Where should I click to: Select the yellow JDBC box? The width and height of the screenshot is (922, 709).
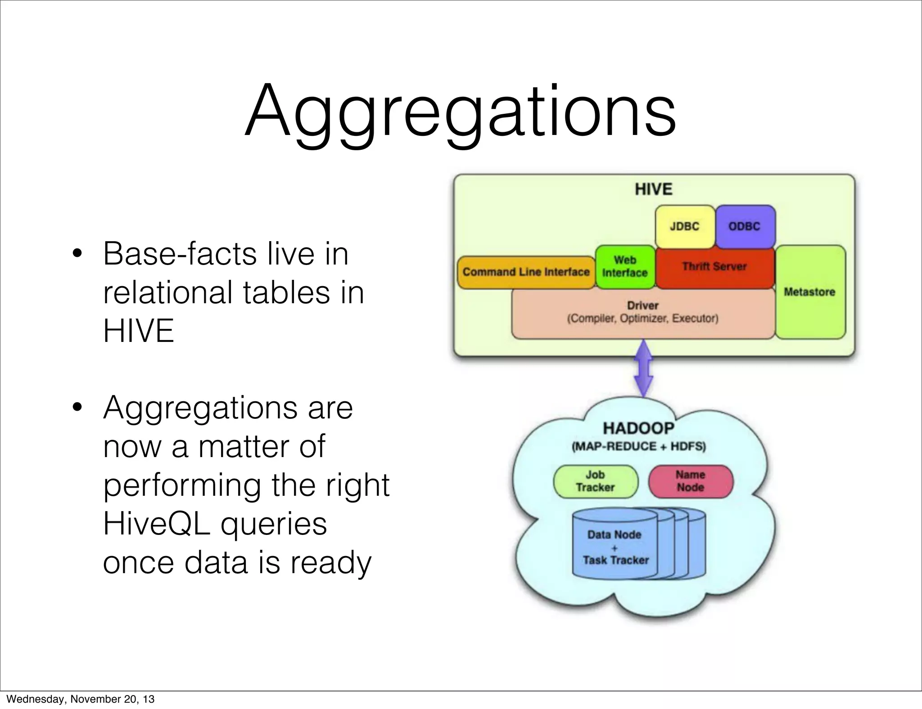pyautogui.click(x=684, y=226)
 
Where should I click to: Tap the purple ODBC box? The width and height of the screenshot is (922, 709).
pyautogui.click(x=745, y=226)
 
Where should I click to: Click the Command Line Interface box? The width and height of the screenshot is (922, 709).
pyautogui.click(x=526, y=272)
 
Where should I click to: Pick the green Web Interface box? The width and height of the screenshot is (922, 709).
pyautogui.click(x=625, y=266)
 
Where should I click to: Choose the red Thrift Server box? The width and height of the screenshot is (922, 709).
pyautogui.click(x=714, y=267)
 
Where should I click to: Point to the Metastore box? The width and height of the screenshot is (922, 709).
pyautogui.click(x=809, y=292)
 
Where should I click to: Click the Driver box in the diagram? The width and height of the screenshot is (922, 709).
pyautogui.click(x=642, y=312)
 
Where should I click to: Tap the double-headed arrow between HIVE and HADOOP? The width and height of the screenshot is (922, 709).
pyautogui.click(x=643, y=368)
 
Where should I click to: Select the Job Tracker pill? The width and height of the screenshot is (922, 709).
pyautogui.click(x=595, y=481)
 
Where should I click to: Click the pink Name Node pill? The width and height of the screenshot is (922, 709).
pyautogui.click(x=690, y=481)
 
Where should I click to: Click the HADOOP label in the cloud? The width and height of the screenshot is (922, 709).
pyautogui.click(x=638, y=428)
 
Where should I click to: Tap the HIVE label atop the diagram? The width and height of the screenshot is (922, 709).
pyautogui.click(x=653, y=189)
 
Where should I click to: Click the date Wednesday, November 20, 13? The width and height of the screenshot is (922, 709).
pyautogui.click(x=80, y=699)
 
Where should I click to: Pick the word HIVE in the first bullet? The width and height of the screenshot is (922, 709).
pyautogui.click(x=138, y=331)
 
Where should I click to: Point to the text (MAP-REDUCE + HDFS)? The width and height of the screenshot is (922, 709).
pyautogui.click(x=638, y=447)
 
